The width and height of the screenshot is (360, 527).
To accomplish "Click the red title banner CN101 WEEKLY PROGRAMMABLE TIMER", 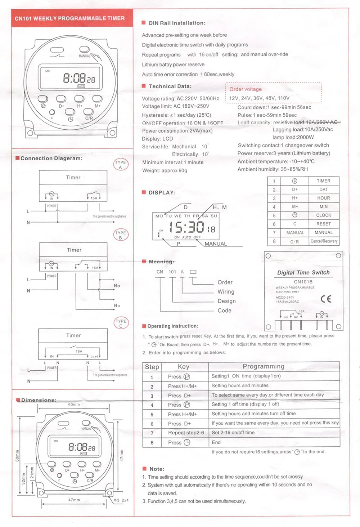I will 69,18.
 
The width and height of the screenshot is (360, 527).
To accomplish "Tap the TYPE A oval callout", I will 121,165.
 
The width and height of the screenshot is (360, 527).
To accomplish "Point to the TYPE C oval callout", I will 121,323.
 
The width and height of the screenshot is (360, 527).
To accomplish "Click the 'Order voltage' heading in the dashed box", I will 246,89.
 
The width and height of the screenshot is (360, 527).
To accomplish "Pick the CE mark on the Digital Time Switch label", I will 325,299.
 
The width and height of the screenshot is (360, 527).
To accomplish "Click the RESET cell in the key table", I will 323,224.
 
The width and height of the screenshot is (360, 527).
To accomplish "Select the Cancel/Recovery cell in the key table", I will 324,241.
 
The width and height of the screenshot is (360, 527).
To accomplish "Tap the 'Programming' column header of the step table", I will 263,366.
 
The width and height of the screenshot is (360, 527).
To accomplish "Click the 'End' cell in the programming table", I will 216,442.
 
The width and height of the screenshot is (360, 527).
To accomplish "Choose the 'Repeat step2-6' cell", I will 186,433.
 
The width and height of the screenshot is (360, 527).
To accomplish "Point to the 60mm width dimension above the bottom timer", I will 74,405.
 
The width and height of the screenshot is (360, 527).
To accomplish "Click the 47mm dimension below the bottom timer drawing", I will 74,500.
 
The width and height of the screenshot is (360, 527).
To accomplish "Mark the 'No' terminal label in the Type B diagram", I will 117,286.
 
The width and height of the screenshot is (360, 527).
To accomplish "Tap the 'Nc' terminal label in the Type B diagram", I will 117,305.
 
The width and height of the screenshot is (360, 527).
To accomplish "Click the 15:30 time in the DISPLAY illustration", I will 186,228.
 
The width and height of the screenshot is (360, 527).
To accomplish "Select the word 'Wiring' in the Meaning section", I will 226,292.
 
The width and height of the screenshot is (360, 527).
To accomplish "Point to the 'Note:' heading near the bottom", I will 157,469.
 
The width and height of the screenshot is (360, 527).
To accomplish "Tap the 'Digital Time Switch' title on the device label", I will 303,273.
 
